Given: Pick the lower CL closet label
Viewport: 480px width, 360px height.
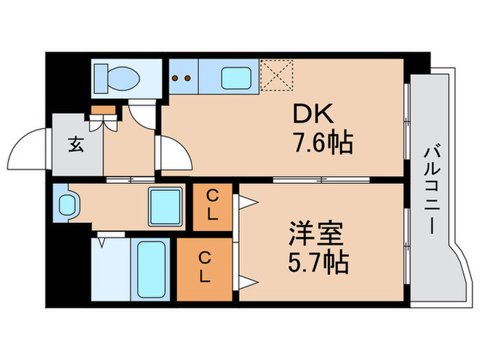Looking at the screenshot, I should point(204,267).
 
